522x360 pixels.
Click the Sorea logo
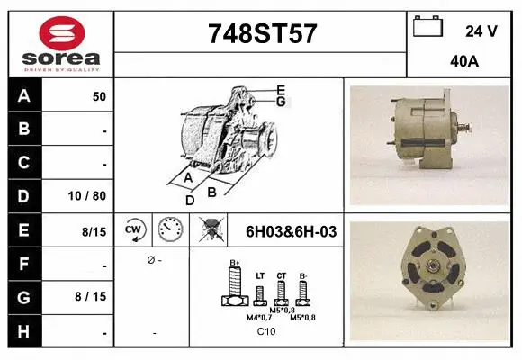60,42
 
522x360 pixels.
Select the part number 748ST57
262,34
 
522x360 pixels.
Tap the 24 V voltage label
481,31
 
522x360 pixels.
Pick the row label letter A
24,96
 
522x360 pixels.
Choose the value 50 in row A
99,96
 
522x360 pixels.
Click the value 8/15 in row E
94,231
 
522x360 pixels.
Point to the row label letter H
24,331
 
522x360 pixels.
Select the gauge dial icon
170,230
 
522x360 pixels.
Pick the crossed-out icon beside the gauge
212,230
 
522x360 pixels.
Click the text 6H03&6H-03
291,231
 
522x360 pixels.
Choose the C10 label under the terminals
266,332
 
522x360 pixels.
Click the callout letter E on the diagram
281,90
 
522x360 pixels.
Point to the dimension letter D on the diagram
189,201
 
